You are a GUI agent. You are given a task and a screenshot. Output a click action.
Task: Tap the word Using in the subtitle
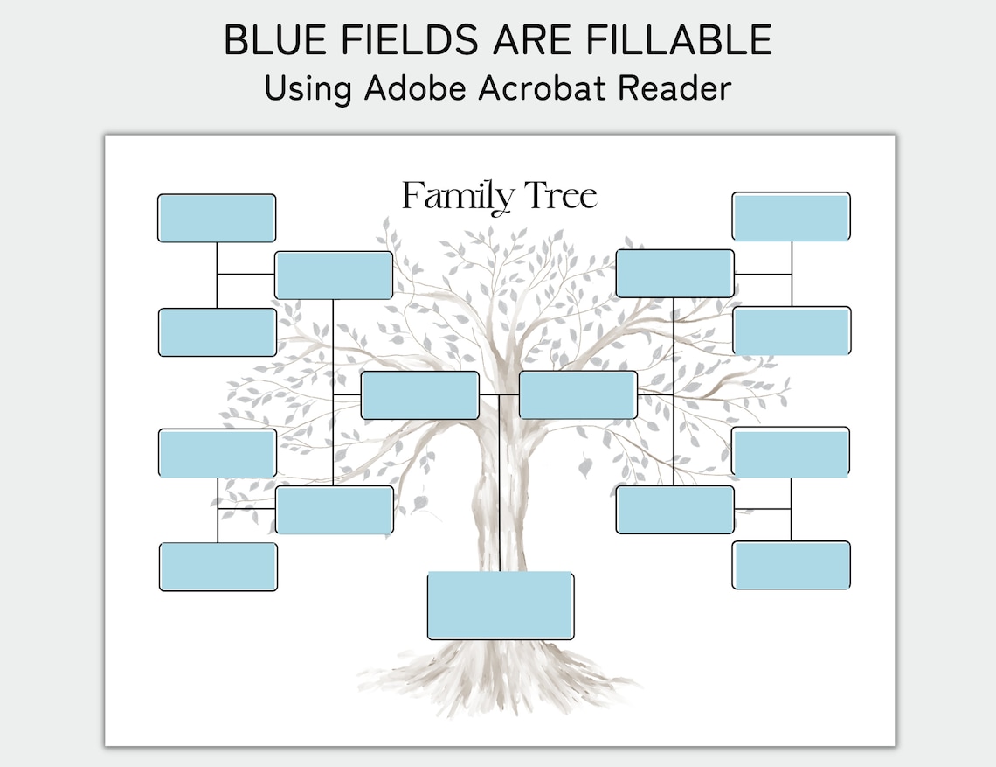coord(307,88)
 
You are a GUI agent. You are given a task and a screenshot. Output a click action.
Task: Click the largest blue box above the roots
coord(501,605)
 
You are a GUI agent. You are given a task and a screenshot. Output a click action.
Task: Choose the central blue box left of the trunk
coord(420,395)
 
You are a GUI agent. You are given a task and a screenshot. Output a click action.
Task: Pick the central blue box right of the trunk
coord(578,394)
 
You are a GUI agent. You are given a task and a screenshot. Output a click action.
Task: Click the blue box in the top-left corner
coord(217,218)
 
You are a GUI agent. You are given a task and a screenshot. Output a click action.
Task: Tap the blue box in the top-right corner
coord(791,216)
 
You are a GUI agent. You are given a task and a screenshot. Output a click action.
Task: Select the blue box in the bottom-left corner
coord(218,567)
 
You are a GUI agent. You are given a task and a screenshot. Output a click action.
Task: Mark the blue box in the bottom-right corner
coord(791,565)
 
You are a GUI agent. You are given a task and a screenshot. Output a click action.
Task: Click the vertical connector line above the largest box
coord(499,490)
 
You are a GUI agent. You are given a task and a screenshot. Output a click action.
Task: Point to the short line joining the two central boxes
coord(499,395)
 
